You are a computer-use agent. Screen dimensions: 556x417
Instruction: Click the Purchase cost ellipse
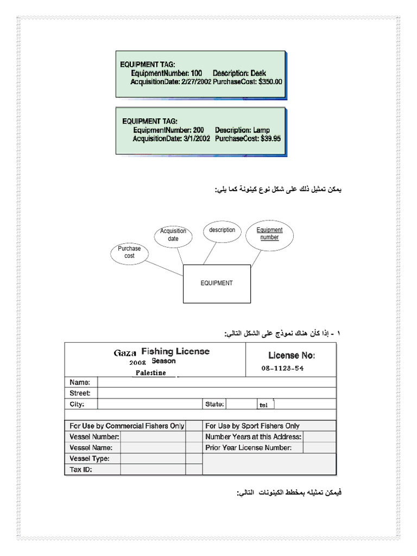(129, 252)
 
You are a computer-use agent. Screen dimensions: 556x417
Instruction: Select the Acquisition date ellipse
(173, 235)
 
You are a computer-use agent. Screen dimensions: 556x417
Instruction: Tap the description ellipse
(222, 230)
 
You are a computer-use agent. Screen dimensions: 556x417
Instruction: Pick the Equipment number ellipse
(269, 234)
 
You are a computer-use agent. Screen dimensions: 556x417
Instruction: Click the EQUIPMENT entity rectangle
(217, 283)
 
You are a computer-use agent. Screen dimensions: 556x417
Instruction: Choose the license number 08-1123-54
(282, 368)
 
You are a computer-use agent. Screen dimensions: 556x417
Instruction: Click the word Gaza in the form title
(125, 353)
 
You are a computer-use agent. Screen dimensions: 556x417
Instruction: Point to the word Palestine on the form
(151, 373)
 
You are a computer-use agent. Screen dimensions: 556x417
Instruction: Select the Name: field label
(80, 382)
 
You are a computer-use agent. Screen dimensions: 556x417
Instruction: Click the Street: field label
(80, 393)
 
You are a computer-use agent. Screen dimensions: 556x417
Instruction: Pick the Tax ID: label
(81, 470)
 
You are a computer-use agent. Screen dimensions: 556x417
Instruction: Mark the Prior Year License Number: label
(249, 448)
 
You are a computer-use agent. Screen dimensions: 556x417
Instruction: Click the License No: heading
(292, 356)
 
